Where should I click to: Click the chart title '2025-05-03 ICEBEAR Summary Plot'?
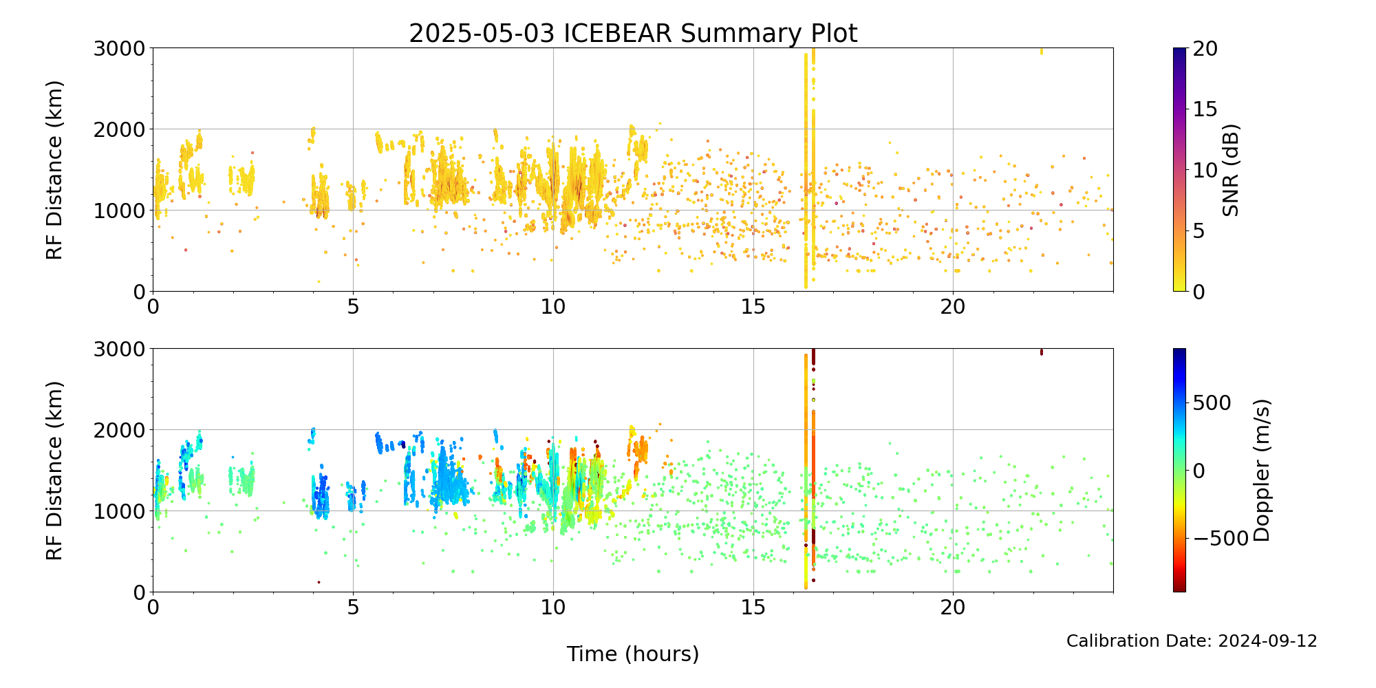[x=633, y=33]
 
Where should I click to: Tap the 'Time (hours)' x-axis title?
[x=633, y=654]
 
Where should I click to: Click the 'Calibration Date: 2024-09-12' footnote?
[x=1192, y=641]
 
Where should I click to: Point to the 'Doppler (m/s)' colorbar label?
[x=1261, y=470]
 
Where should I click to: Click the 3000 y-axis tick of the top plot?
[x=120, y=48]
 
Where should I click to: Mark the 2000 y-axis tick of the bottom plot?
[x=120, y=430]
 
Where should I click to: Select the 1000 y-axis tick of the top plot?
[x=120, y=211]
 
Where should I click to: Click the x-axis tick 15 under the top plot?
[x=753, y=306]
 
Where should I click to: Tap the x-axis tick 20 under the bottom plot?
[x=953, y=607]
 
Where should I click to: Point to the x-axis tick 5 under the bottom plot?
[x=353, y=607]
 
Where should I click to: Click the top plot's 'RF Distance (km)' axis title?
[x=54, y=170]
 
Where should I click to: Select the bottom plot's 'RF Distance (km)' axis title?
[x=54, y=470]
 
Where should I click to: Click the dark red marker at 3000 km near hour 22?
[x=1042, y=352]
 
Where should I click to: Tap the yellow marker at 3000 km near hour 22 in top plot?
[x=1042, y=51]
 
